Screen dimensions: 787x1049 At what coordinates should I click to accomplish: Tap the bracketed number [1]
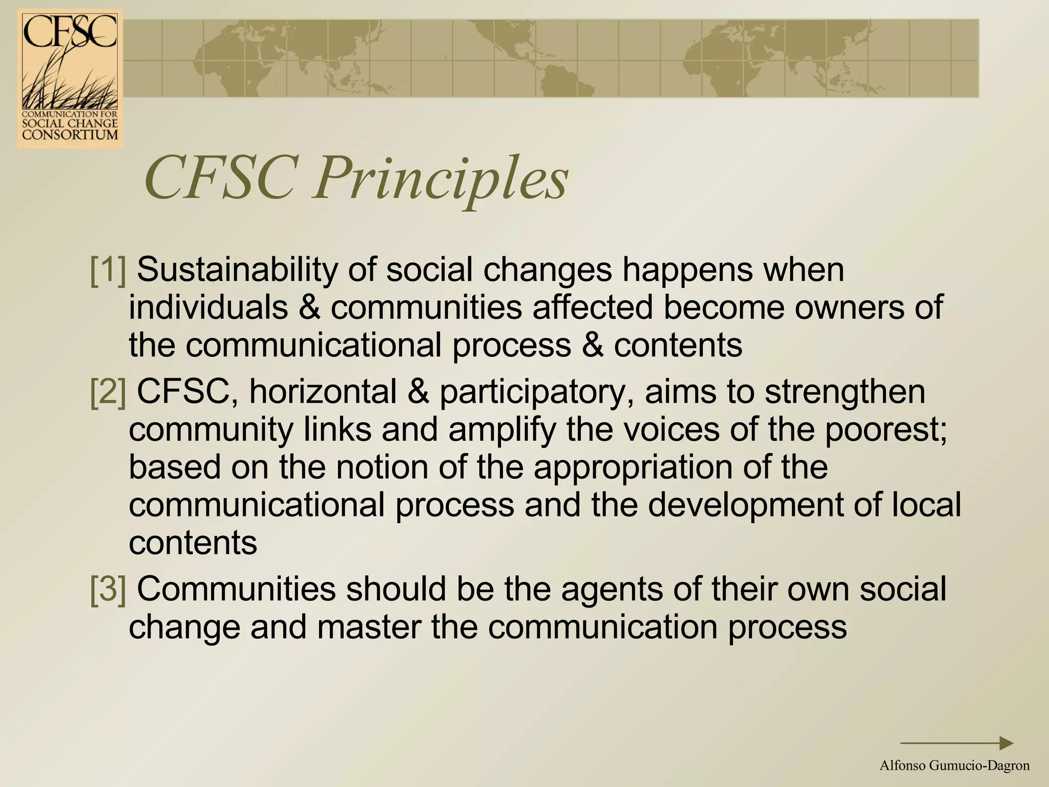108,270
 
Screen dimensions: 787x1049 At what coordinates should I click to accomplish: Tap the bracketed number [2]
108,392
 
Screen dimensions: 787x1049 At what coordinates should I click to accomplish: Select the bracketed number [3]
108,589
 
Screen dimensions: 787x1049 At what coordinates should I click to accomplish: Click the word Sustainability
237,270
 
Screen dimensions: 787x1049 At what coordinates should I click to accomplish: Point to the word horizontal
323,392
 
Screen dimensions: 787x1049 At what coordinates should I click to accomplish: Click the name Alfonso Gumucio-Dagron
954,766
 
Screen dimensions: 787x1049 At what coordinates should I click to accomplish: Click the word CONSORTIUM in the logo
70,135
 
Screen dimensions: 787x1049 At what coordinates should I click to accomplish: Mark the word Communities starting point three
236,589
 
